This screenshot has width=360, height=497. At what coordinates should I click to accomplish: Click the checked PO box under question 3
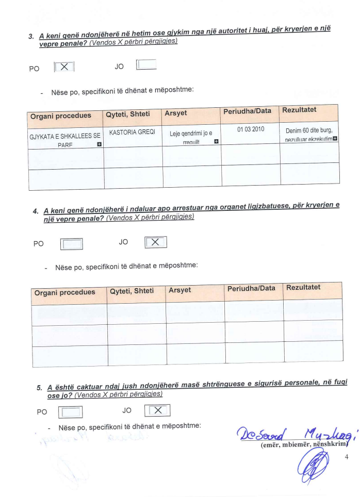pos(64,67)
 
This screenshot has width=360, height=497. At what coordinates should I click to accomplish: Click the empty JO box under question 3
pos(146,65)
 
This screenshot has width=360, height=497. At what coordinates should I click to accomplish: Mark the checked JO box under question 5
pos(158,410)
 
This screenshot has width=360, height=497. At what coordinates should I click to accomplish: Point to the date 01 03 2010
pos(251,129)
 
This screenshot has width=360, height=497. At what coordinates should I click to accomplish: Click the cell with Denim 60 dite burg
pos(309,130)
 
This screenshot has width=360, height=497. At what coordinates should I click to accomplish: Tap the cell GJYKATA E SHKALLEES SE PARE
pos(64,140)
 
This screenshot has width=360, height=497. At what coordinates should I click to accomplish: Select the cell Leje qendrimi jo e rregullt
pos(191,137)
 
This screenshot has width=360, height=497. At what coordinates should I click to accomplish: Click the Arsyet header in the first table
pos(176,113)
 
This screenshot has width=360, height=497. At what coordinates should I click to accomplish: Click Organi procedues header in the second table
pos(64,292)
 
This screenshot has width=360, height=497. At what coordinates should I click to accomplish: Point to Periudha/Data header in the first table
pos(247,111)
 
